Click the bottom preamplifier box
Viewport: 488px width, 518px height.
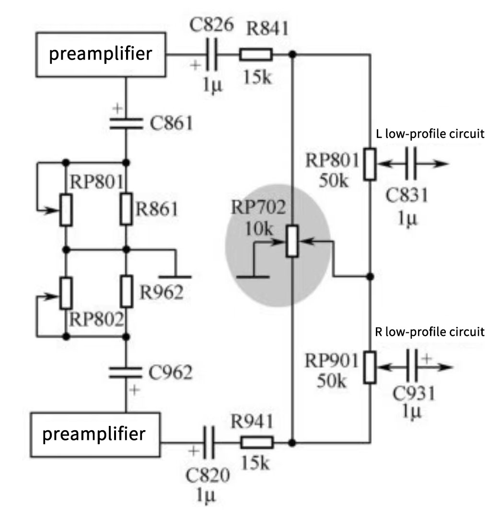tap(94, 435)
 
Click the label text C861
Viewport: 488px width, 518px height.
tap(171, 123)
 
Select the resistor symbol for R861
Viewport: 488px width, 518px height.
tap(127, 209)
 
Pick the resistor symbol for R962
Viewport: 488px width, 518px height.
tap(127, 292)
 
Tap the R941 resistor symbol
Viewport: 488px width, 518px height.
tap(256, 442)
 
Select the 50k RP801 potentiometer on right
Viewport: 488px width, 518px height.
tap(369, 164)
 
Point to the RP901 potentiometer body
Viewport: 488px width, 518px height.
tap(369, 367)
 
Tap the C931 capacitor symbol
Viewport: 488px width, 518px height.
tap(414, 367)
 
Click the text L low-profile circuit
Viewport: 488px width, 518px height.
tap(430, 134)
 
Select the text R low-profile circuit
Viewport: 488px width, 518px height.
tap(429, 332)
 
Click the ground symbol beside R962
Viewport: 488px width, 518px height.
tap(174, 276)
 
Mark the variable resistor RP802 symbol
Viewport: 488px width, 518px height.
tap(66, 293)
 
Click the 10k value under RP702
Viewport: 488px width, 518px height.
tap(259, 228)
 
